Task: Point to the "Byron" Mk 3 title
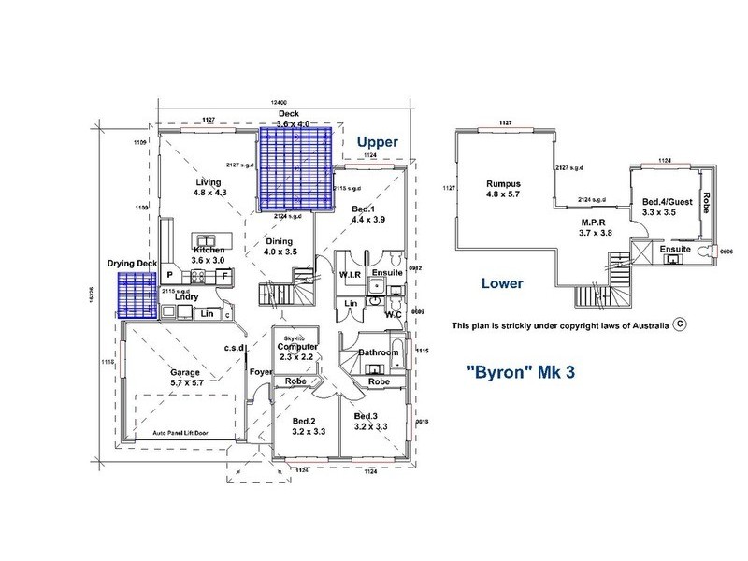(x=520, y=370)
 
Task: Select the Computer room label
(x=295, y=346)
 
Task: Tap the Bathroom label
(x=379, y=352)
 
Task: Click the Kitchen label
(x=209, y=251)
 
